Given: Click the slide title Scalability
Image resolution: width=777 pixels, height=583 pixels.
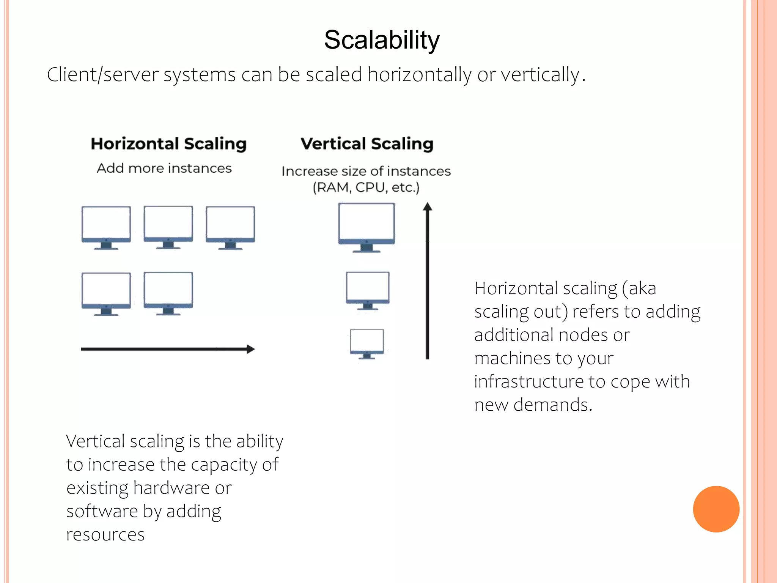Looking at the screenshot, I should [x=382, y=40].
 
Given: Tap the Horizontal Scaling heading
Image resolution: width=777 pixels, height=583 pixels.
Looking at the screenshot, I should [x=168, y=144].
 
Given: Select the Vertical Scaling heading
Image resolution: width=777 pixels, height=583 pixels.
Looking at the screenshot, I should [x=367, y=144].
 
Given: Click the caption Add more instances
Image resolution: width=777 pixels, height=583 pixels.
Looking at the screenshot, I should [x=164, y=168].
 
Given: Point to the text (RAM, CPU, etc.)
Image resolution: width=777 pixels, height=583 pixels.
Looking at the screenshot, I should [x=366, y=188].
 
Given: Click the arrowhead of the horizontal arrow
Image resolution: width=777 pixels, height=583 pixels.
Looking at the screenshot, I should [x=251, y=349].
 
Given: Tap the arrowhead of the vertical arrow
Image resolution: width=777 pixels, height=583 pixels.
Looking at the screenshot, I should [x=428, y=207].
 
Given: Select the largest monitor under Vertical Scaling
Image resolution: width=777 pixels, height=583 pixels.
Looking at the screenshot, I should [x=366, y=227].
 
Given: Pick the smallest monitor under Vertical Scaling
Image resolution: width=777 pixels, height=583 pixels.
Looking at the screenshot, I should [x=366, y=343].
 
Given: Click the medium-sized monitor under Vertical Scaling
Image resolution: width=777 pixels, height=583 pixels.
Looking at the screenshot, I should [x=367, y=290].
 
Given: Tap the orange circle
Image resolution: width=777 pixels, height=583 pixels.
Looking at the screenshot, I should [x=716, y=509].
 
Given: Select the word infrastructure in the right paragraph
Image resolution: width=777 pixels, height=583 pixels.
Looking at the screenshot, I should [x=529, y=381].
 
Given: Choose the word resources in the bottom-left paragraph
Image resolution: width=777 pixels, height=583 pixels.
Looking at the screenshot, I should [x=105, y=534].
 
